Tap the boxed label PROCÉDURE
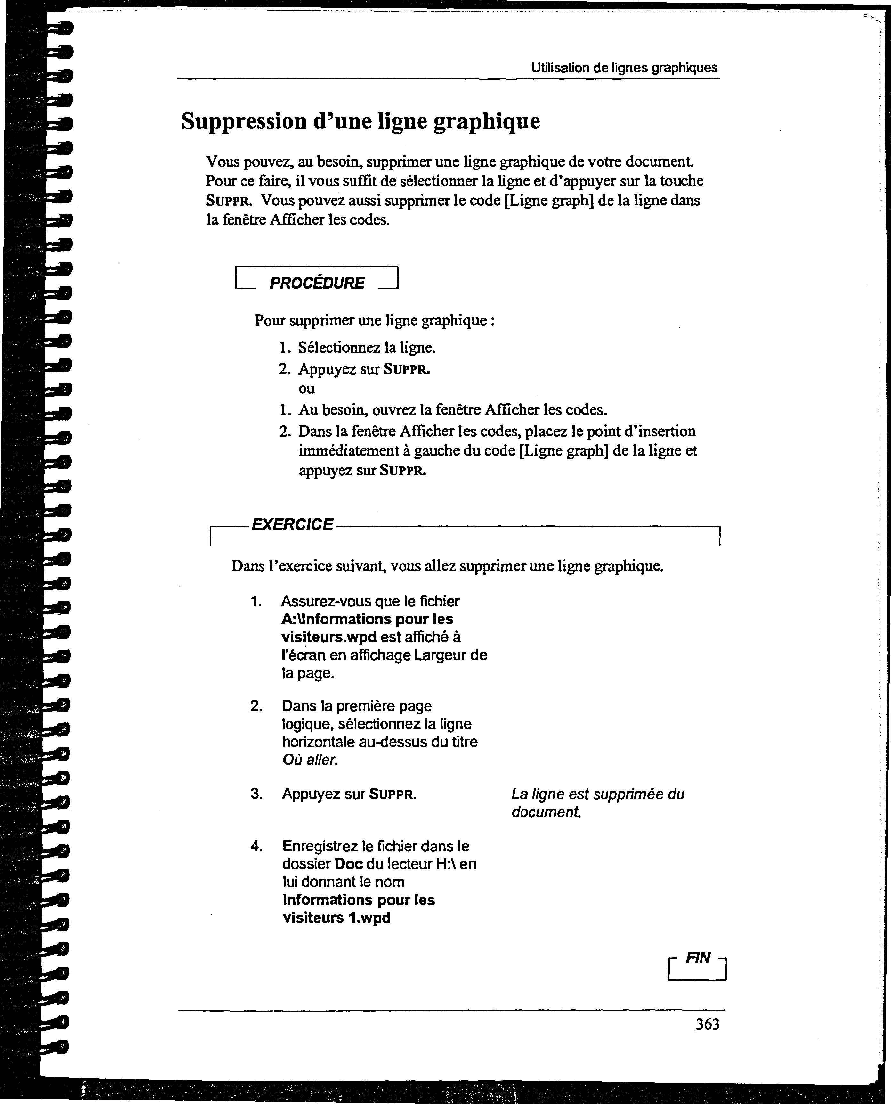click(x=317, y=283)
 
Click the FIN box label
click(x=699, y=958)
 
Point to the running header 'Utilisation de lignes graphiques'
click(x=624, y=68)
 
